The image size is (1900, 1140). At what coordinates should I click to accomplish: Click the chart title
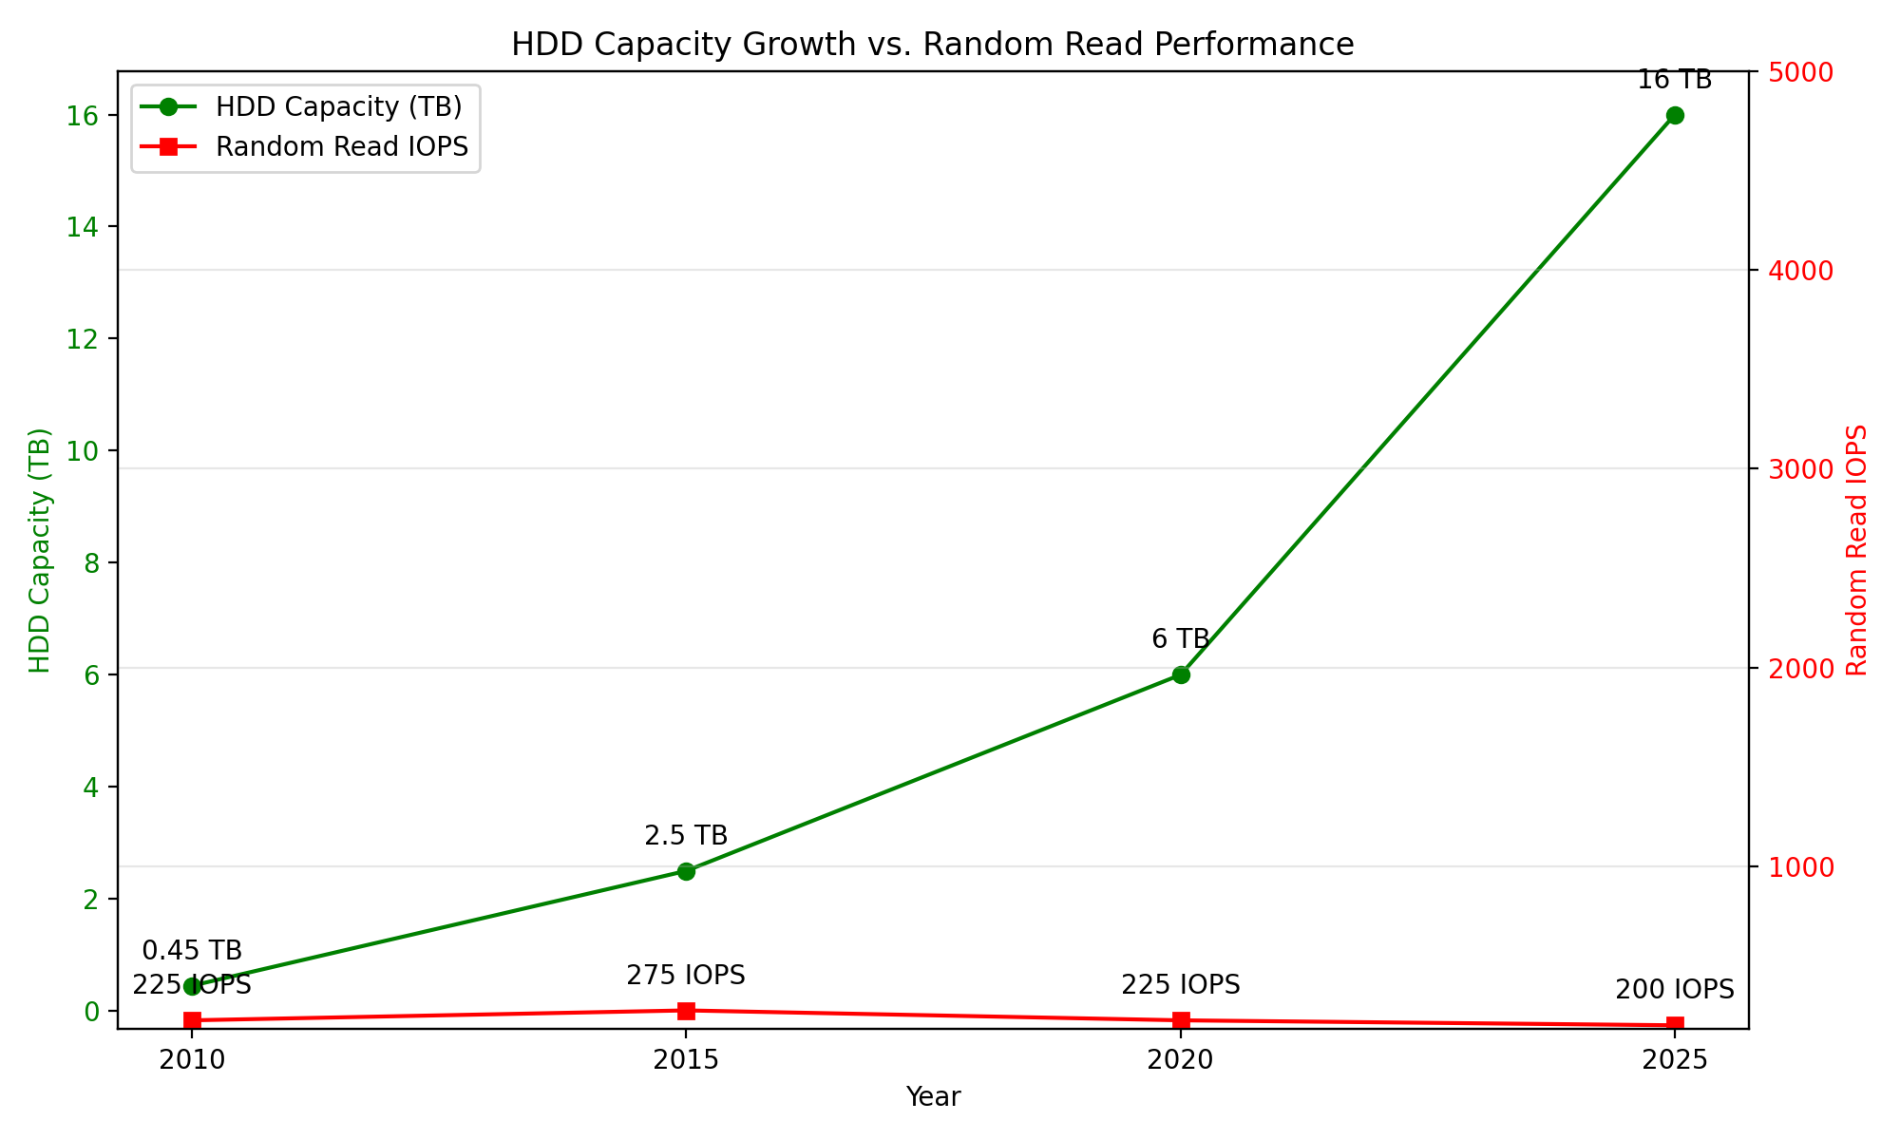point(932,45)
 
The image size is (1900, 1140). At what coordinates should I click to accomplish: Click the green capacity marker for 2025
point(1675,115)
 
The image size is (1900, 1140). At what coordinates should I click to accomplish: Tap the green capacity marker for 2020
point(1181,674)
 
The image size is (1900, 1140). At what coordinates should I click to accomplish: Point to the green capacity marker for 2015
point(686,871)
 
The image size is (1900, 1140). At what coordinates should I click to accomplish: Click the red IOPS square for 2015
point(686,1011)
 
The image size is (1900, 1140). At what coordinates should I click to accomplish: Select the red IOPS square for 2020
point(1181,1020)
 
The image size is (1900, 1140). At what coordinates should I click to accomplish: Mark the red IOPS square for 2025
point(1675,1025)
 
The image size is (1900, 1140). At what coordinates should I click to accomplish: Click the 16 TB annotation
point(1674,80)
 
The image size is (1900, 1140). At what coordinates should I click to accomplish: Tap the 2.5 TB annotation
point(686,836)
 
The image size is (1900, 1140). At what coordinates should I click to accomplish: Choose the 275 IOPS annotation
point(686,976)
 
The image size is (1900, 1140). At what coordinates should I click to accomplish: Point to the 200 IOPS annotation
point(1674,990)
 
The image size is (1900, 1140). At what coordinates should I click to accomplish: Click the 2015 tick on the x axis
point(686,1060)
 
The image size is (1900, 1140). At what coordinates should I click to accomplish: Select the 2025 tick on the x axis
point(1675,1060)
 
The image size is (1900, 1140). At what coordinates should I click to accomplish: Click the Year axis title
point(933,1097)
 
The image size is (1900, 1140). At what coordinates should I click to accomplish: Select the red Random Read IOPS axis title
point(1857,550)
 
